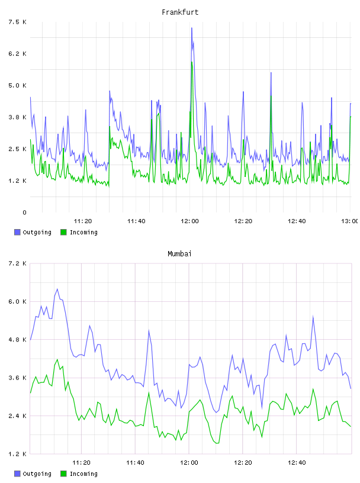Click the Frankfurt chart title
pyautogui.click(x=180, y=12)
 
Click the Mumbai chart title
pyautogui.click(x=179, y=254)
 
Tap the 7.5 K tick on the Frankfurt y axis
pyautogui.click(x=18, y=22)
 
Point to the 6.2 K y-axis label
pyautogui.click(x=18, y=54)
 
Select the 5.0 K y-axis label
pyautogui.click(x=18, y=85)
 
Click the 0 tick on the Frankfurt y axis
pyautogui.click(x=24, y=212)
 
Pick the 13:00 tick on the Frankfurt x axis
pyautogui.click(x=350, y=221)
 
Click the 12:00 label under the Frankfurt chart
pyautogui.click(x=189, y=221)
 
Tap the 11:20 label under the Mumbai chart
pyautogui.click(x=81, y=463)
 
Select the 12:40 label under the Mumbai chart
pyautogui.click(x=297, y=463)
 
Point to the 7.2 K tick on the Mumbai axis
pyautogui.click(x=18, y=263)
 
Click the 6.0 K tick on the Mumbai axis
pyautogui.click(x=18, y=301)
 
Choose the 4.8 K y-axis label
pyautogui.click(x=18, y=340)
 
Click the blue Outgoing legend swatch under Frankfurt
pyautogui.click(x=17, y=232)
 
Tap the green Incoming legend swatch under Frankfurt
pyautogui.click(x=63, y=232)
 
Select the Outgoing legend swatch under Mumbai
pyautogui.click(x=17, y=474)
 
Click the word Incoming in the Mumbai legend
pyautogui.click(x=83, y=474)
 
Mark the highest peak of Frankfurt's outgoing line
pyautogui.click(x=192, y=28)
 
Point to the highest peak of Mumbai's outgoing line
pyautogui.click(x=57, y=289)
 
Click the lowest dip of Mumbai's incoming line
pyautogui.click(x=217, y=443)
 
